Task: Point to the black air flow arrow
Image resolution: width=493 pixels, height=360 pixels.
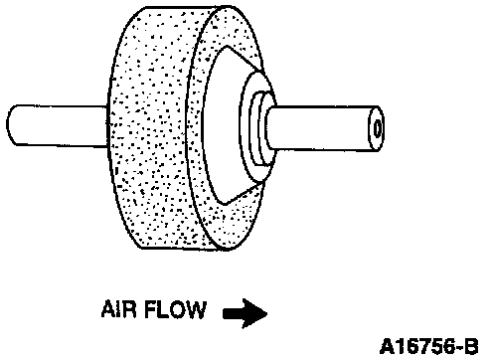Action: point(245,313)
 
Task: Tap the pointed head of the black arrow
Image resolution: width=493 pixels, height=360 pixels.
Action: point(266,313)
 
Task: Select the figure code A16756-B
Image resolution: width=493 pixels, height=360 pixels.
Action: point(429,347)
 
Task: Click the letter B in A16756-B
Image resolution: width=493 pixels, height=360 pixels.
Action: point(471,347)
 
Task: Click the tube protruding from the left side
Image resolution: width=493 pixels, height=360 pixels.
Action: point(57,125)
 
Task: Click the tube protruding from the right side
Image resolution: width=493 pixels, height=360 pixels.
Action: point(325,128)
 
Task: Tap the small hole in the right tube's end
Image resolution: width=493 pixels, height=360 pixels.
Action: point(378,128)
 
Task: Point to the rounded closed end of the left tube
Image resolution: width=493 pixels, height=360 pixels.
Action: point(11,125)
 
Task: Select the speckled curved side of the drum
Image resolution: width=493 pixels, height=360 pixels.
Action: point(149,129)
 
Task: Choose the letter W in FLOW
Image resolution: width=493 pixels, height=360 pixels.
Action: point(196,310)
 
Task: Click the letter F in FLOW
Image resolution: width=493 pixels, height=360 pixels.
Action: point(151,309)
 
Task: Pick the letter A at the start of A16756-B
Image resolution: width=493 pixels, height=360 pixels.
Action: point(387,347)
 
